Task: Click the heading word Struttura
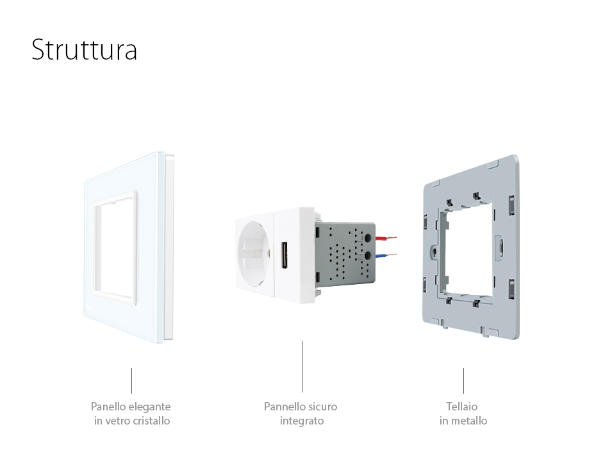tap(84, 50)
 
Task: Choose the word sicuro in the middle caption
tap(322, 407)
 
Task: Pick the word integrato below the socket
tap(301, 421)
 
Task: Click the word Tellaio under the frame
tap(462, 407)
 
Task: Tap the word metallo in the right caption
tap(470, 421)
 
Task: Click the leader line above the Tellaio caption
tap(463, 380)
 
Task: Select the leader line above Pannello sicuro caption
tap(302, 366)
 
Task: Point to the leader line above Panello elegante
tap(131, 380)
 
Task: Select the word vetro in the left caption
tap(121, 421)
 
